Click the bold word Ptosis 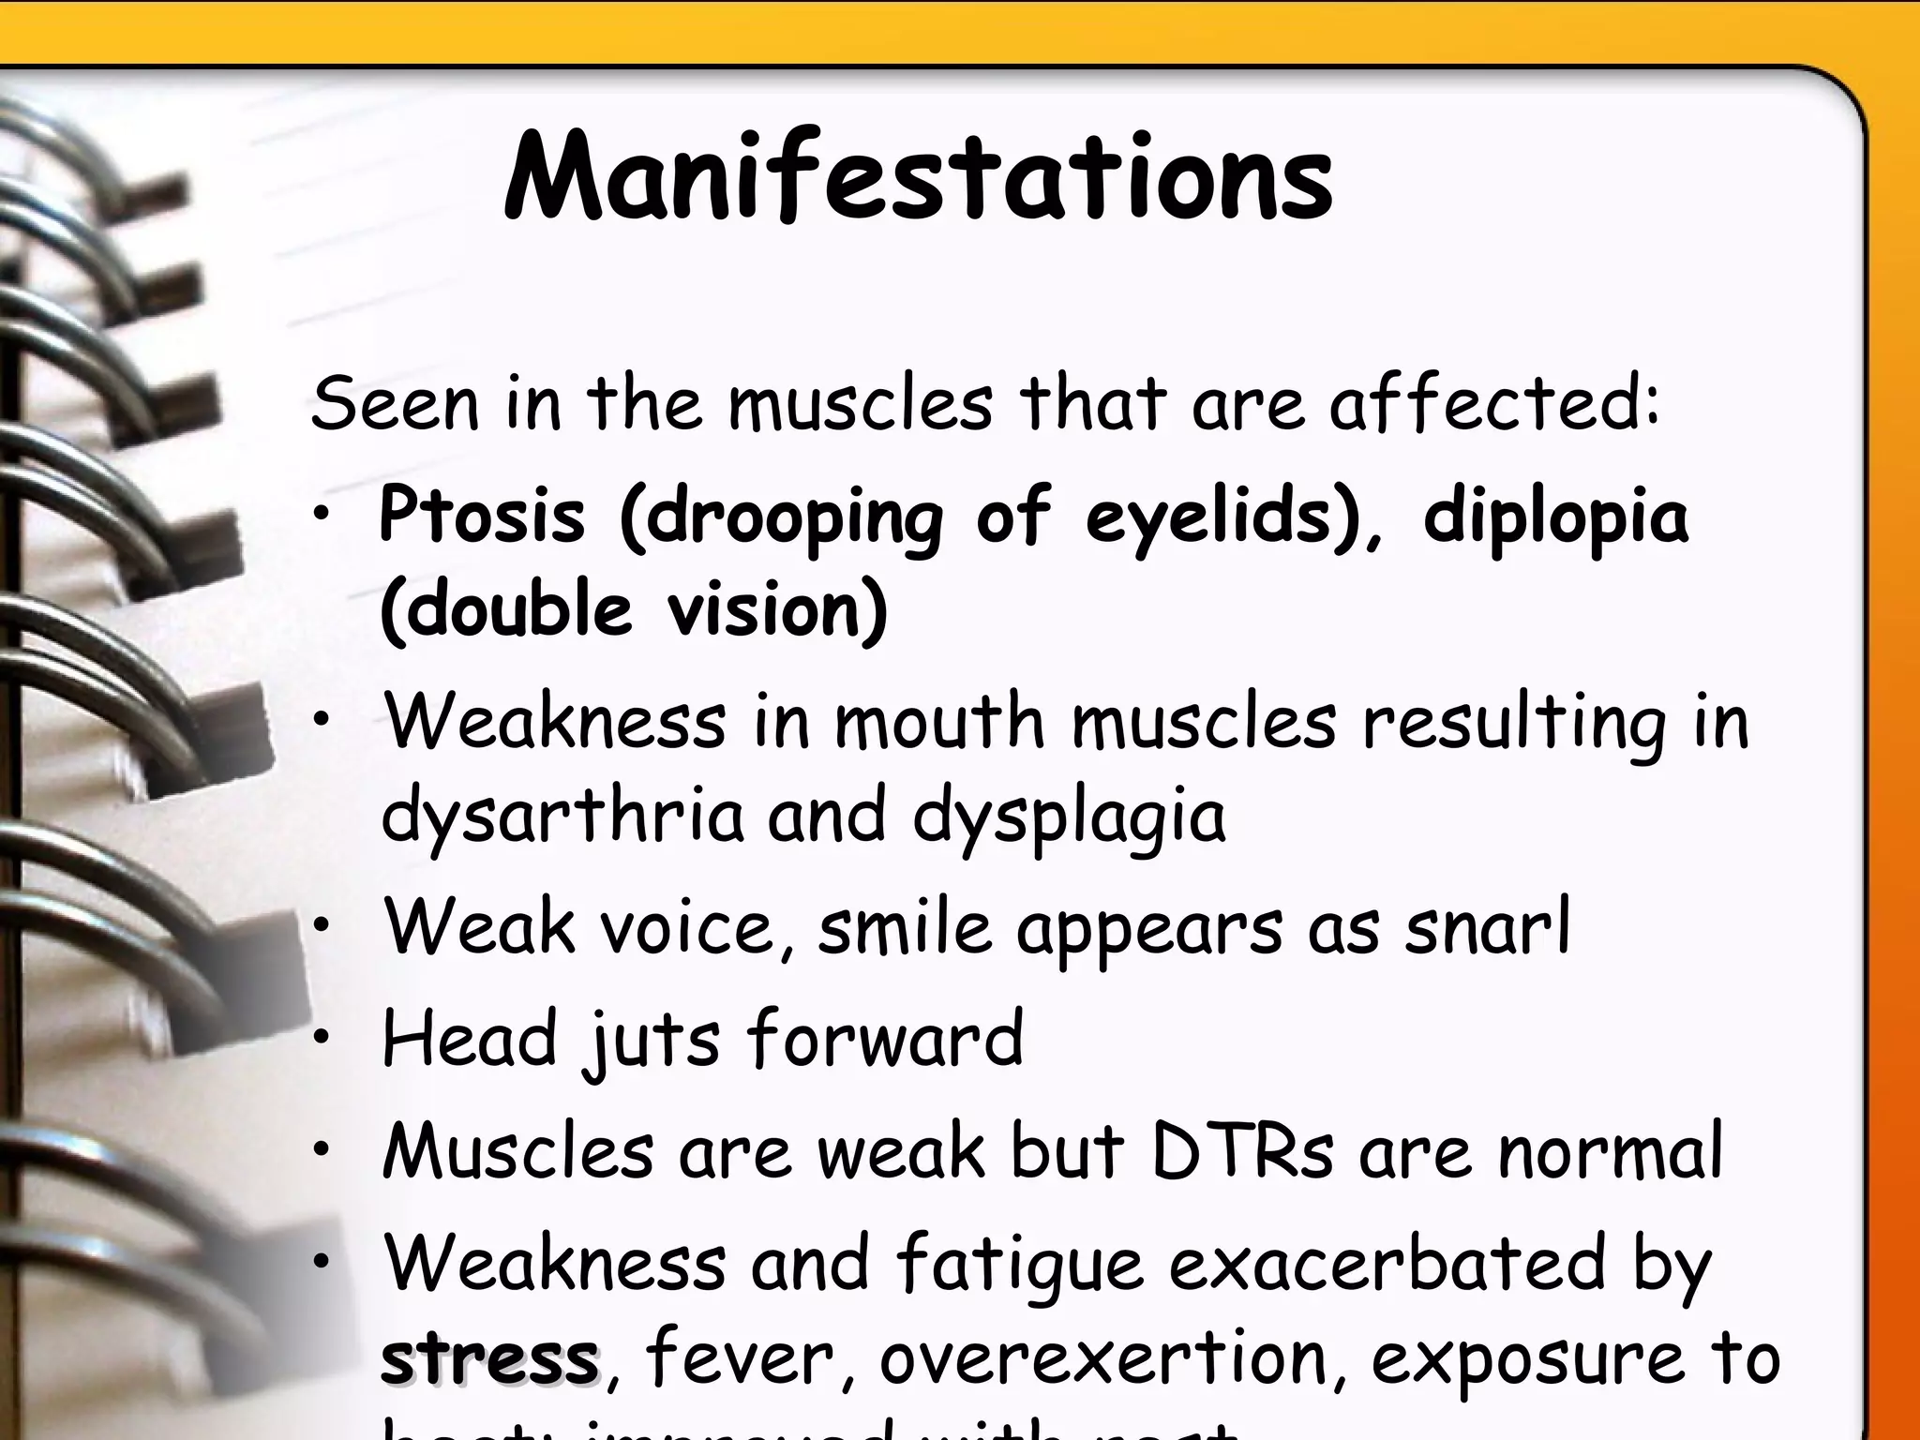[482, 517]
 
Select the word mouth [939, 723]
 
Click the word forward [885, 1039]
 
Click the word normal [1610, 1152]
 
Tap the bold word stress [489, 1358]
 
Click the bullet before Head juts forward [322, 1039]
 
